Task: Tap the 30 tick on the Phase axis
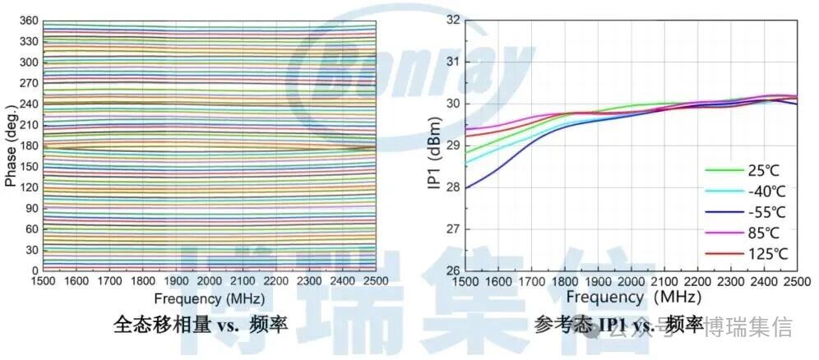32,250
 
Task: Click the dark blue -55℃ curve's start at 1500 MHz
467,188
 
